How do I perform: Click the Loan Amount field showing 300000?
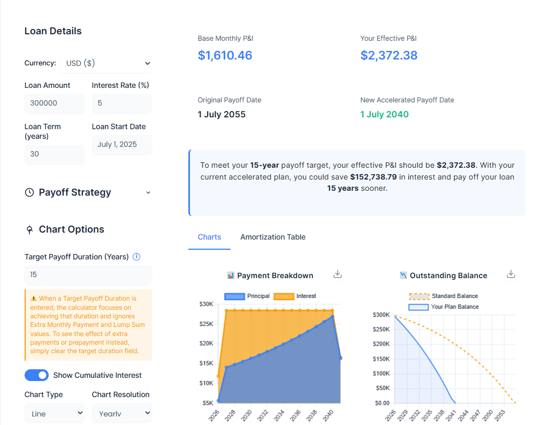[54, 103]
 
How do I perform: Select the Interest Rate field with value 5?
[121, 103]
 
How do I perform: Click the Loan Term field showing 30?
[54, 154]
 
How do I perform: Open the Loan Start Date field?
[121, 145]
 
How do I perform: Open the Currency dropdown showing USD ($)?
[106, 63]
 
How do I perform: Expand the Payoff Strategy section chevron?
[148, 193]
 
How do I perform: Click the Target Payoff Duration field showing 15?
[88, 275]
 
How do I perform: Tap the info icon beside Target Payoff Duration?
[136, 257]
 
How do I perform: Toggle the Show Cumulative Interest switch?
[36, 375]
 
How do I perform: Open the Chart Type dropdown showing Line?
[54, 413]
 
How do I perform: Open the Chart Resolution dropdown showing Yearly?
[121, 413]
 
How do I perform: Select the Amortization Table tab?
[273, 237]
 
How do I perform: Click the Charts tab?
[209, 237]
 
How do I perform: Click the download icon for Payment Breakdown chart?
[337, 274]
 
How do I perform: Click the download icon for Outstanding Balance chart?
[511, 274]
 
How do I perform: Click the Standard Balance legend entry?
[444, 296]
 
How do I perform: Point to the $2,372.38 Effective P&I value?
[389, 55]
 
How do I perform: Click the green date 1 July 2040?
[384, 114]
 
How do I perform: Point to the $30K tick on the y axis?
[206, 304]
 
